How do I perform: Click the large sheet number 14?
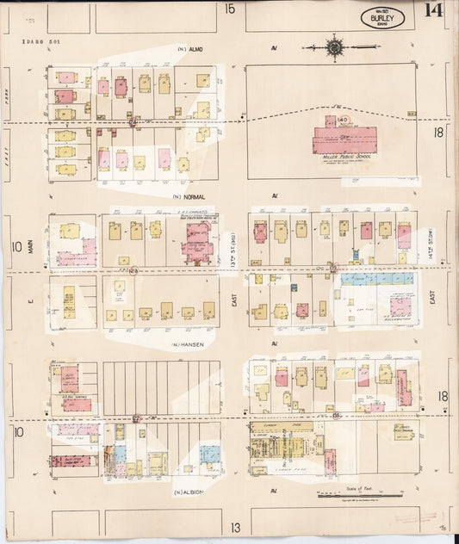[x=434, y=11]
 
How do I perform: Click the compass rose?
[x=333, y=47]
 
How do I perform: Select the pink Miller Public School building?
[x=344, y=139]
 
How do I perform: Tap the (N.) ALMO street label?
[x=189, y=49]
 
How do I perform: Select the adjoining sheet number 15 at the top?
[x=230, y=9]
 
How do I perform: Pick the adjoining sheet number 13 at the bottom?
[x=234, y=527]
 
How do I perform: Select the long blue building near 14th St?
[x=376, y=279]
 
